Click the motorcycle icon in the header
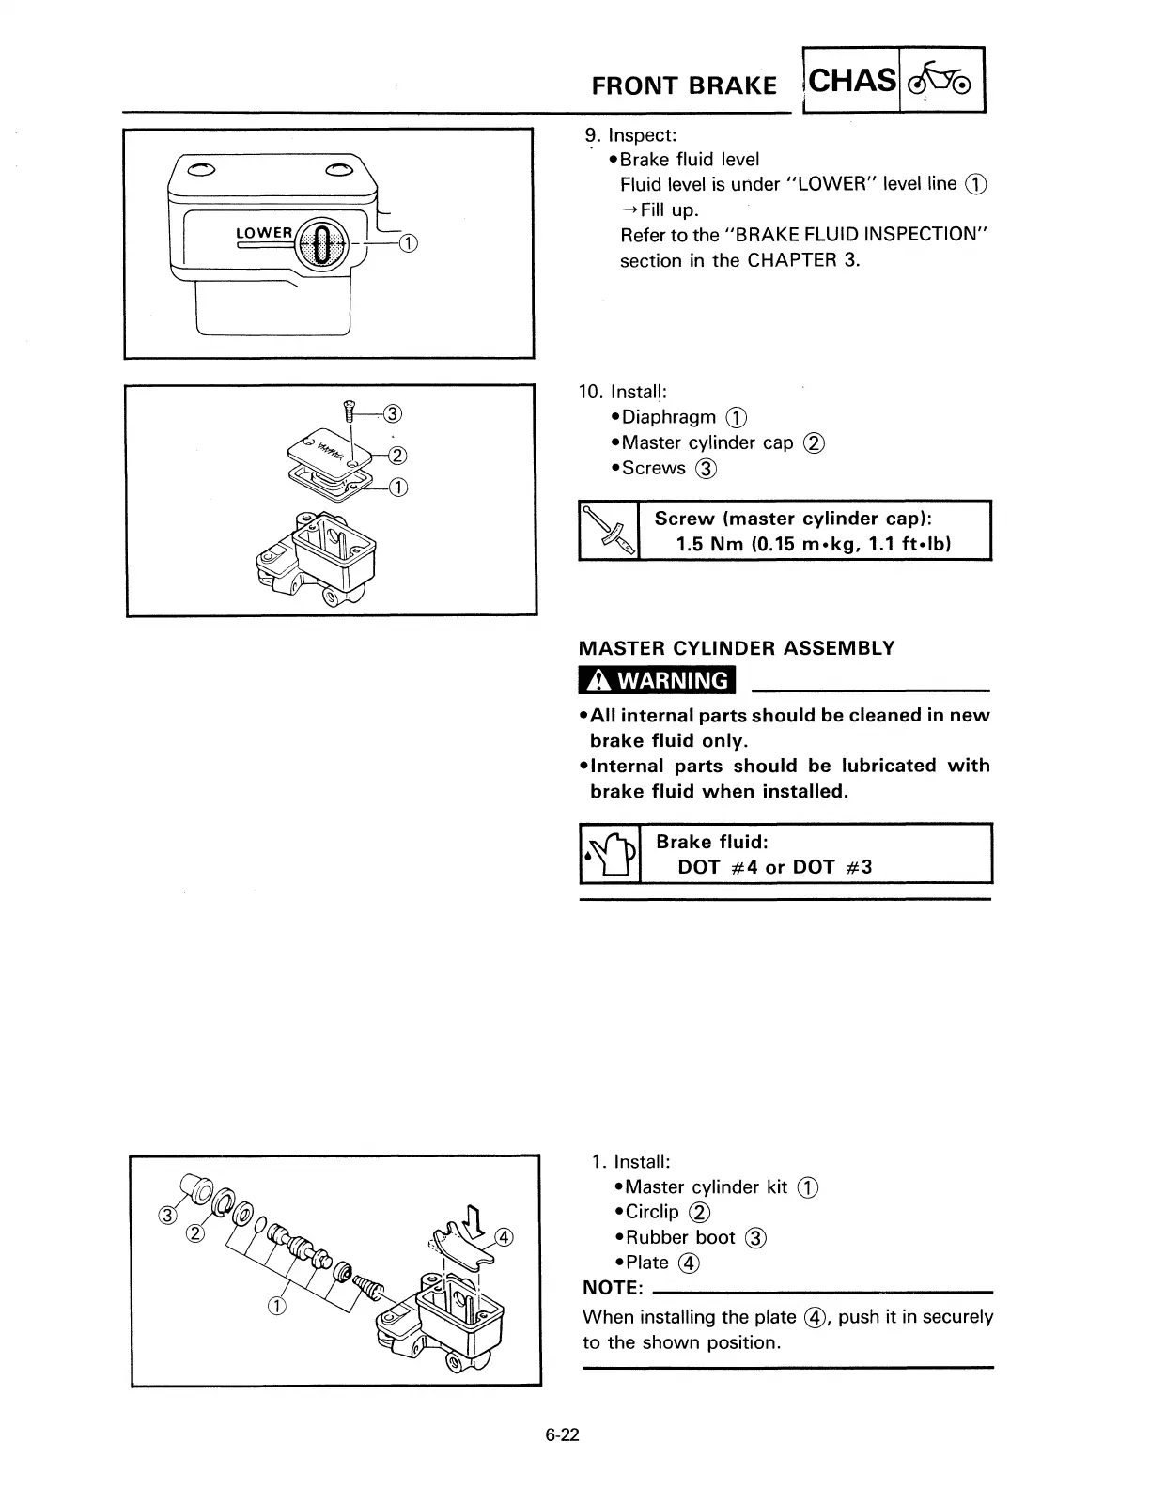point(942,79)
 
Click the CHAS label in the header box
point(851,80)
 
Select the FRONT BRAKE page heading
point(684,85)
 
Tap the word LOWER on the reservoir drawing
point(264,233)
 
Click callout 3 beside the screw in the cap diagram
point(393,412)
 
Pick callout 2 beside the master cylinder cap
point(396,457)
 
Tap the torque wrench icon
point(609,531)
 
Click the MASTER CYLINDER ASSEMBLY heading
point(737,648)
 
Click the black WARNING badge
point(658,679)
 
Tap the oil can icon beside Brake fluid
point(610,853)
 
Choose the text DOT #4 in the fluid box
point(718,867)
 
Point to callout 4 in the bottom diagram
point(504,1237)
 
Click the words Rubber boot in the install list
point(680,1237)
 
